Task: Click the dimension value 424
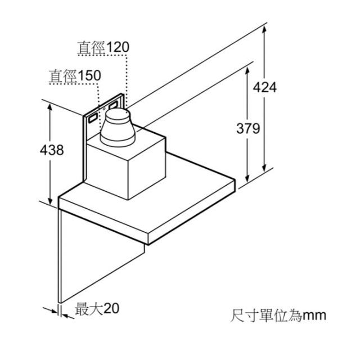point(265,88)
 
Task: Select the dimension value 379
point(248,128)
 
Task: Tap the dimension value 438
point(52,150)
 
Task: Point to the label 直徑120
point(103,47)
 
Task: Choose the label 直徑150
point(75,76)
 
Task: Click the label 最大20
point(97,309)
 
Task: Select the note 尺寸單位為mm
point(278,316)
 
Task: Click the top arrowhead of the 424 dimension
point(264,30)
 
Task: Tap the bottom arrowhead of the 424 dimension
point(264,168)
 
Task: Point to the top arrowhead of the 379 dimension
point(247,71)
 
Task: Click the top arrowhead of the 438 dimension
point(50,108)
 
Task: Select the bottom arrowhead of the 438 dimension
point(50,201)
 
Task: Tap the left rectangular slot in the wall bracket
point(93,118)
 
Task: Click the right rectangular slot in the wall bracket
point(113,105)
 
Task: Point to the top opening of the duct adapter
point(118,113)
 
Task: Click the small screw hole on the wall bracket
point(104,109)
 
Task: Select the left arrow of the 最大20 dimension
point(51,310)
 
